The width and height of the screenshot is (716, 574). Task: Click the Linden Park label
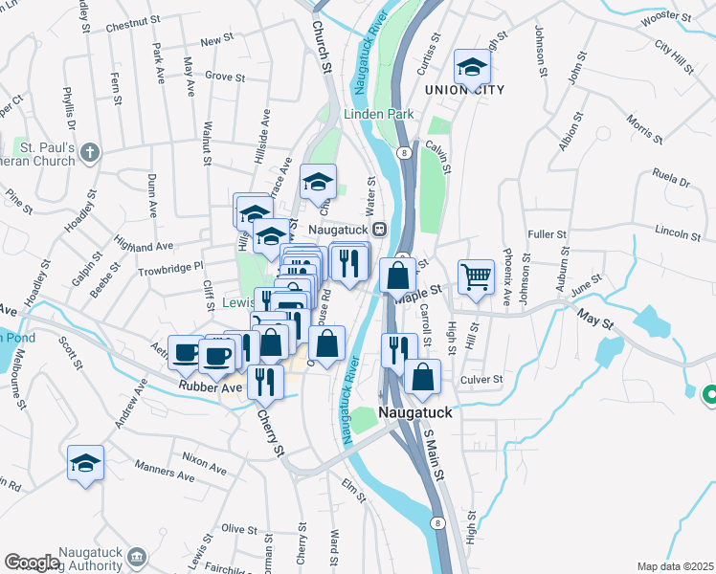379,114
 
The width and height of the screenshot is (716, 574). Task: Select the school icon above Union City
472,67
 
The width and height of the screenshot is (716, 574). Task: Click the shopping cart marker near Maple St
476,276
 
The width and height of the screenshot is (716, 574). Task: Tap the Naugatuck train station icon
380,230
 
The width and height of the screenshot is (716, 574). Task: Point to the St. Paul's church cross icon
90,152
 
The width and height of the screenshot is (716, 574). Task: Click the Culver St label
481,380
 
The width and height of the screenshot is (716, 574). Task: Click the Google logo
32,563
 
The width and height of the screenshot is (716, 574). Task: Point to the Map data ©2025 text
675,566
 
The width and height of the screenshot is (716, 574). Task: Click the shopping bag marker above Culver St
422,376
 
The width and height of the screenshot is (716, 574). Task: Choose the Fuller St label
548,233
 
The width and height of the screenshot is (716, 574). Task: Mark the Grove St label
226,76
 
